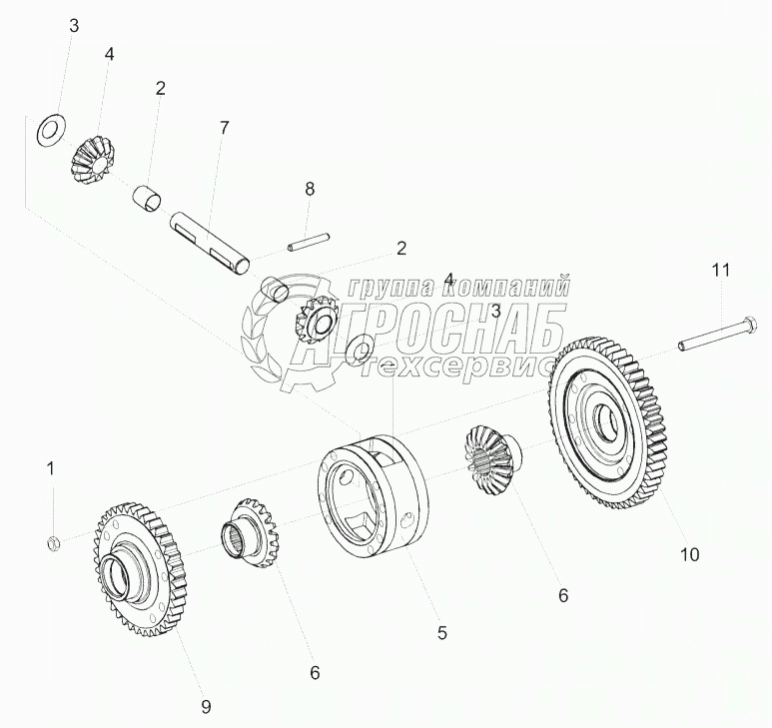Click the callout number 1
[x=51, y=467]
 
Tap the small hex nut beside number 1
[x=54, y=543]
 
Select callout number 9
[x=206, y=707]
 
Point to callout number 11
[x=720, y=271]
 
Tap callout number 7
[x=224, y=128]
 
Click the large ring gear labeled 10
[x=610, y=423]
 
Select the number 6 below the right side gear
[x=562, y=595]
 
